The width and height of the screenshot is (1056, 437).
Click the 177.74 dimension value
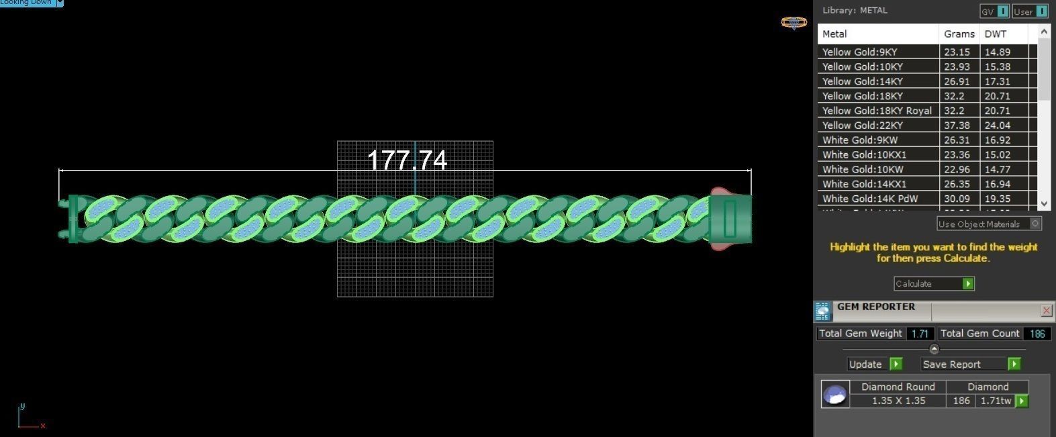coord(407,160)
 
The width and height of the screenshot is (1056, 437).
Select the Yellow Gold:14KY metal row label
coord(863,81)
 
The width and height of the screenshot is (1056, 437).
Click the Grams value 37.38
coord(957,126)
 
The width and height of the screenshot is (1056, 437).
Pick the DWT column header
coord(996,34)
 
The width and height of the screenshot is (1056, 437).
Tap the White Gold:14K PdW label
coord(870,199)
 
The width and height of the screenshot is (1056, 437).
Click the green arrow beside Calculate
coord(967,284)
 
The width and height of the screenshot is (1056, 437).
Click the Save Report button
coord(964,364)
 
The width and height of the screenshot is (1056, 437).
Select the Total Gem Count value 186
coord(1037,334)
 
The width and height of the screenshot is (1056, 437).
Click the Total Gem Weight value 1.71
coord(919,334)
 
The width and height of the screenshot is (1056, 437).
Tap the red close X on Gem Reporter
coord(1046,310)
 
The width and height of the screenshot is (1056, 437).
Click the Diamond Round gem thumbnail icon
coord(835,395)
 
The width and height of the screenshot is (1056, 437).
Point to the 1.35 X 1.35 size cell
coord(898,401)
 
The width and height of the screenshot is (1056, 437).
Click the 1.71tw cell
coord(996,401)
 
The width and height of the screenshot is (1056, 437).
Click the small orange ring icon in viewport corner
coord(794,23)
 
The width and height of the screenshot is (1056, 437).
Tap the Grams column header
coord(959,34)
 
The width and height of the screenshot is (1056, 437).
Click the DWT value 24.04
coord(997,126)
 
